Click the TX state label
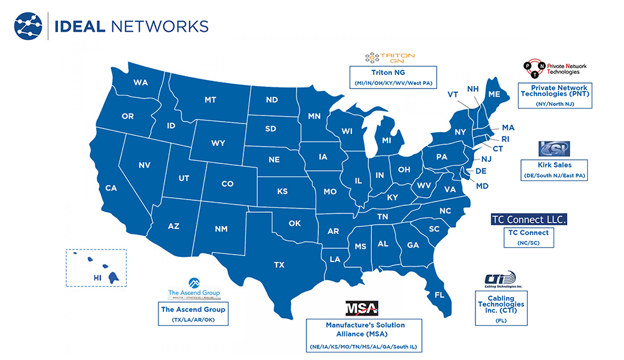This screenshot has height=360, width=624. click(x=279, y=265)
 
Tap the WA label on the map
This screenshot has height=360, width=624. click(x=140, y=82)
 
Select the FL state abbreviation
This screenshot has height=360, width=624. click(x=439, y=294)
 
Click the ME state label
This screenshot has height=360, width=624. click(x=494, y=94)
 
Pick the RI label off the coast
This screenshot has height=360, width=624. click(x=505, y=139)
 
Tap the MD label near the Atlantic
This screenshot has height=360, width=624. click(x=481, y=186)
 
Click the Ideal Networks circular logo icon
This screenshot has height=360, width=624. click(x=29, y=27)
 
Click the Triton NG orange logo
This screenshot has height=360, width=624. click(x=390, y=57)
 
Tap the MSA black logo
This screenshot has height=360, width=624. click(x=362, y=308)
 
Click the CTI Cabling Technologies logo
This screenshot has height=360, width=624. click(x=501, y=280)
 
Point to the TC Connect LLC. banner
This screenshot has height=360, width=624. click(x=529, y=220)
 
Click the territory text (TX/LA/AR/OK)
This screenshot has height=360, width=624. click(x=193, y=319)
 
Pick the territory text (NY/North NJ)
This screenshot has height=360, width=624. click(x=555, y=104)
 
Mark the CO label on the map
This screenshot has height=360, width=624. click(x=227, y=183)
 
